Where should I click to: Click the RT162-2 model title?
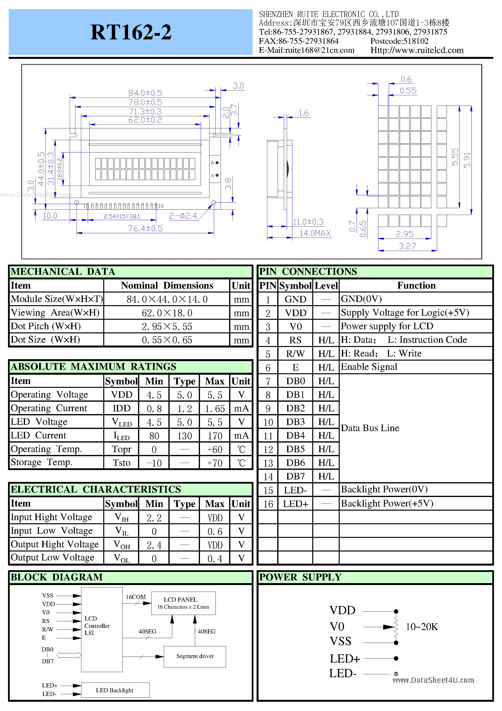[x=131, y=32]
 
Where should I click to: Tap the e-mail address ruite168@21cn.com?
[x=306, y=50]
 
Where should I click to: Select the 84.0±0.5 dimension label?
[x=145, y=93]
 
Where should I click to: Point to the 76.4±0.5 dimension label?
[x=145, y=229]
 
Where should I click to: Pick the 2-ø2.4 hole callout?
[x=183, y=216]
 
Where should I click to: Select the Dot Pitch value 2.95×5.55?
[x=167, y=326]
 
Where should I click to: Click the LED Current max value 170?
[x=215, y=436]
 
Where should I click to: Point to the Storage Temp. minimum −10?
[x=154, y=463]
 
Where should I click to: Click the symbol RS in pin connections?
[x=295, y=340]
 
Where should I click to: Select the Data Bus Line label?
[x=370, y=428]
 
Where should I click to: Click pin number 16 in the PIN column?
[x=268, y=504]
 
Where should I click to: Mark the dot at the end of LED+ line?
[x=396, y=658]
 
